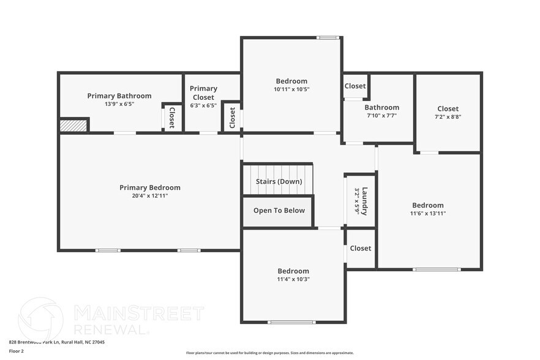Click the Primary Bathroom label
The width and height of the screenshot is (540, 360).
pos(119,96)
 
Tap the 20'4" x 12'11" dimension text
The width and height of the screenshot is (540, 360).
pos(149,196)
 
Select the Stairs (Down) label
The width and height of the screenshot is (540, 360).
pos(279,182)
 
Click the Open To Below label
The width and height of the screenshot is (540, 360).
pos(279,211)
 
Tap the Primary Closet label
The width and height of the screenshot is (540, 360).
pos(203,92)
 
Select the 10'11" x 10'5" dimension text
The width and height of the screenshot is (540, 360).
pos(291,89)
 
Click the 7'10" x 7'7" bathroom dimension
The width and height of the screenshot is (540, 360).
pos(381,115)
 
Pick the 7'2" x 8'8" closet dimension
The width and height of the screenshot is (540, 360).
pos(448,116)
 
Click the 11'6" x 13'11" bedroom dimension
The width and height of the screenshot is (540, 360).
pos(428,214)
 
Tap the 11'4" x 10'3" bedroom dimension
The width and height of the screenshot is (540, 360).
pos(293,279)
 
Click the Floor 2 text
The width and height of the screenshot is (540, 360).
pos(17,351)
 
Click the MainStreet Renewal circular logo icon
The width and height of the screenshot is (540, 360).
pos(41,318)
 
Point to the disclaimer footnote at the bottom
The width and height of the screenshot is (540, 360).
pos(269,353)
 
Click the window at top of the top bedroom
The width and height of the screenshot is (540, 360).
pos(328,38)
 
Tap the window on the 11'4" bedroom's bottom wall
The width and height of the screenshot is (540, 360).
pos(292,322)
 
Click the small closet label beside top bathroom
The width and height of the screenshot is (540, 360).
pos(355,86)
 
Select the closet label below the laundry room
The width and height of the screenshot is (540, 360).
pos(360,249)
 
